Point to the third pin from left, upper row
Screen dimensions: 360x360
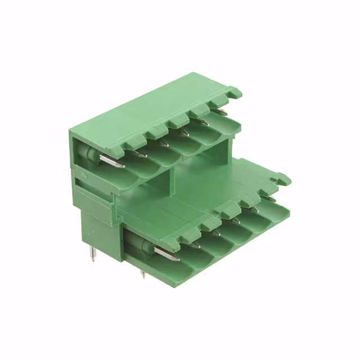click(x=163, y=143)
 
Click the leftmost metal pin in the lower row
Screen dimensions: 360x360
click(x=166, y=254)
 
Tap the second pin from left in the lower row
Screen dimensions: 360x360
click(x=193, y=244)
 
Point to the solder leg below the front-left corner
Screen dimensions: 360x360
click(x=143, y=275)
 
